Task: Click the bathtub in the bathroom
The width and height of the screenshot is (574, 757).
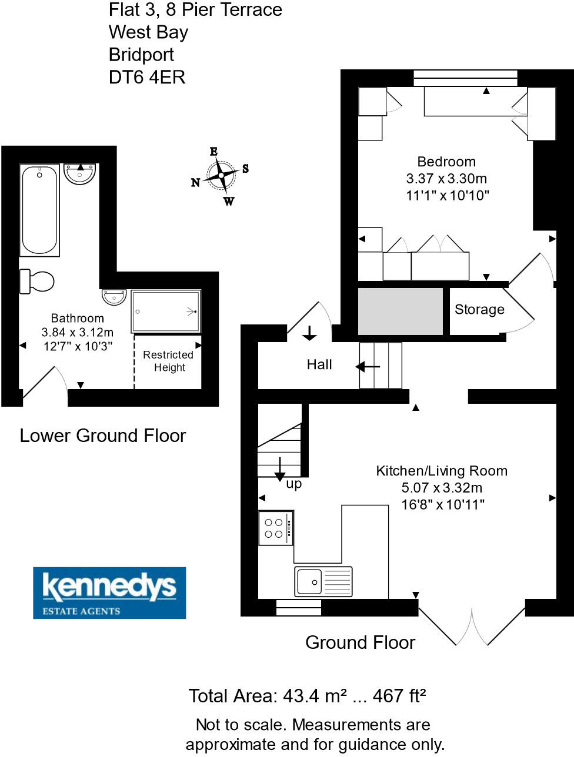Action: pyautogui.click(x=39, y=210)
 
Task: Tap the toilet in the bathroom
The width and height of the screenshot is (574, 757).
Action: pyautogui.click(x=36, y=281)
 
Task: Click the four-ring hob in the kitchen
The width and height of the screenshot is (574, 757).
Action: pyautogui.click(x=275, y=528)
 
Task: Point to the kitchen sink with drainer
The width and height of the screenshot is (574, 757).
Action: pyautogui.click(x=323, y=582)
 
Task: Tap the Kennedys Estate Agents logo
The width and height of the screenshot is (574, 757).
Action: pyautogui.click(x=109, y=592)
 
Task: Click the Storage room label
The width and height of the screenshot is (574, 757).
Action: pyautogui.click(x=479, y=310)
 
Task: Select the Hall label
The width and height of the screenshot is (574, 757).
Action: pyautogui.click(x=319, y=365)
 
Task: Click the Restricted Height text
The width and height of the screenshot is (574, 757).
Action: pyautogui.click(x=168, y=361)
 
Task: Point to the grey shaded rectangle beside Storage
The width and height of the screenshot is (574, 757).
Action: pyautogui.click(x=401, y=311)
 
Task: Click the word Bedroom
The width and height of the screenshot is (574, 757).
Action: pyautogui.click(x=446, y=162)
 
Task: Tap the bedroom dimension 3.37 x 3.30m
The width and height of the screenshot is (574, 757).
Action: pyautogui.click(x=446, y=179)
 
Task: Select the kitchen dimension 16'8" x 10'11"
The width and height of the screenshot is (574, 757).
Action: pyautogui.click(x=443, y=504)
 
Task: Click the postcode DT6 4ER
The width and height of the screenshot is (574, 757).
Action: pyautogui.click(x=147, y=77)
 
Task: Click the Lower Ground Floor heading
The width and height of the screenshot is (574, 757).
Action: pyautogui.click(x=102, y=436)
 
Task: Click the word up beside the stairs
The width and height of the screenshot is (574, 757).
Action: pyautogui.click(x=293, y=484)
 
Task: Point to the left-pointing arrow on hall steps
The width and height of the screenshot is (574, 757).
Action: pyautogui.click(x=368, y=367)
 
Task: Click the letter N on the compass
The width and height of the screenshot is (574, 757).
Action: pyautogui.click(x=195, y=183)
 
